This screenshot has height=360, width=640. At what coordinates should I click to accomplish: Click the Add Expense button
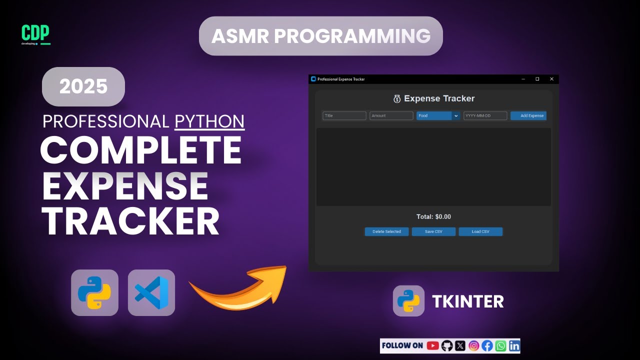528,115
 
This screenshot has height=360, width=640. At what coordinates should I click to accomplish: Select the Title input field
344,115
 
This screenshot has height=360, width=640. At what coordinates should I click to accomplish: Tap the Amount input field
391,115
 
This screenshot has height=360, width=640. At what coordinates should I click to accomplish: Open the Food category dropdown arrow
455,115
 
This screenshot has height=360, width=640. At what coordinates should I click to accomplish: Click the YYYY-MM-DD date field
485,115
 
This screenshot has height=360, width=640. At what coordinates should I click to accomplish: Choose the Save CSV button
433,231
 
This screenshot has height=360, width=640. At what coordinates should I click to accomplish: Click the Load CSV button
480,231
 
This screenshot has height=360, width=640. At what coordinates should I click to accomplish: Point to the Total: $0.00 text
433,216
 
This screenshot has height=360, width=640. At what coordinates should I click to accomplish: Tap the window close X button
551,79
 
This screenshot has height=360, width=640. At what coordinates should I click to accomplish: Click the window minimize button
523,79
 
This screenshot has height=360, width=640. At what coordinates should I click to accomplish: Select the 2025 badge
83,86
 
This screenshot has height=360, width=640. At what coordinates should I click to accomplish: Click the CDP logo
35,34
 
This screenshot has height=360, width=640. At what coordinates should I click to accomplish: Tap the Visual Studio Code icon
151,292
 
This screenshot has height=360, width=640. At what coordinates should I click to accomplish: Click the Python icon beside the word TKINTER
408,301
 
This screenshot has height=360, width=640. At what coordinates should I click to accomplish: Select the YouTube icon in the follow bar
433,345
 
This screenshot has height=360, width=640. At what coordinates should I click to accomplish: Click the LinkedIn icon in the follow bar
514,345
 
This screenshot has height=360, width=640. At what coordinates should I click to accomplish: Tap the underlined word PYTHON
209,121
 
